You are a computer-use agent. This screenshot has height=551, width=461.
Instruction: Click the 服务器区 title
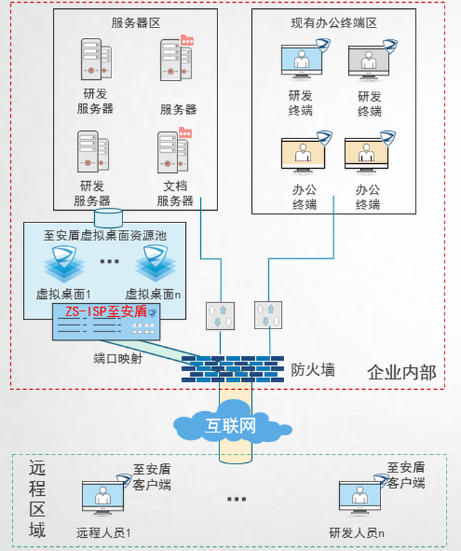[136, 23]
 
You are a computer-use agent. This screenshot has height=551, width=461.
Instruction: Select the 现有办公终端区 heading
[334, 23]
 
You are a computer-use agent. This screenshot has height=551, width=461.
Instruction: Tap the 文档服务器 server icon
[173, 151]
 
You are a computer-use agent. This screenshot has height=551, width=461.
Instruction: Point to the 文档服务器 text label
[175, 193]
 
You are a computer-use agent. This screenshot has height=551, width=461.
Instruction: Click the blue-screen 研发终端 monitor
[301, 61]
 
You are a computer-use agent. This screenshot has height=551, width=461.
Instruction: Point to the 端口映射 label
[118, 358]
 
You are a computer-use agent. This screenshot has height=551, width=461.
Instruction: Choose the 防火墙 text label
[313, 370]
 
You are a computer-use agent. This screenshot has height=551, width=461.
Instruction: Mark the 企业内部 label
[402, 373]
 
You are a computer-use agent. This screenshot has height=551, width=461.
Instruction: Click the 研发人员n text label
[357, 533]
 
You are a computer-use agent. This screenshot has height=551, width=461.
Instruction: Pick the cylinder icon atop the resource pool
[109, 218]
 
